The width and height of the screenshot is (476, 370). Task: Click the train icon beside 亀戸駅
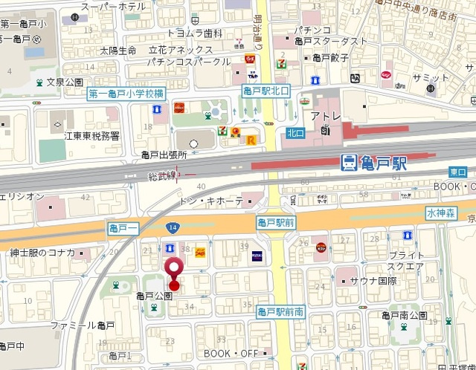(x=348, y=163)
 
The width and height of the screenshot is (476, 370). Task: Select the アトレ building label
(x=325, y=117)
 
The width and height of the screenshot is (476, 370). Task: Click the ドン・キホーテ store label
(x=211, y=201)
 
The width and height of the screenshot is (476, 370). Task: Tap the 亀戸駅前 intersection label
(x=277, y=222)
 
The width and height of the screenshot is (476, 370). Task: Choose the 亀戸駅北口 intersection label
(x=266, y=91)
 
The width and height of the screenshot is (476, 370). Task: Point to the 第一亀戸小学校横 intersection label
(x=126, y=94)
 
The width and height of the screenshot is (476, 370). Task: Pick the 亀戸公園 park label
(x=154, y=296)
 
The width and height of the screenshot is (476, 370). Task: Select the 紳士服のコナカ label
(x=42, y=253)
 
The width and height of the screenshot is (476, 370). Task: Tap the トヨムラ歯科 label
(x=194, y=33)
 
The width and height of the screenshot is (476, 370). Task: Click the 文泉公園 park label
(x=62, y=82)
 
